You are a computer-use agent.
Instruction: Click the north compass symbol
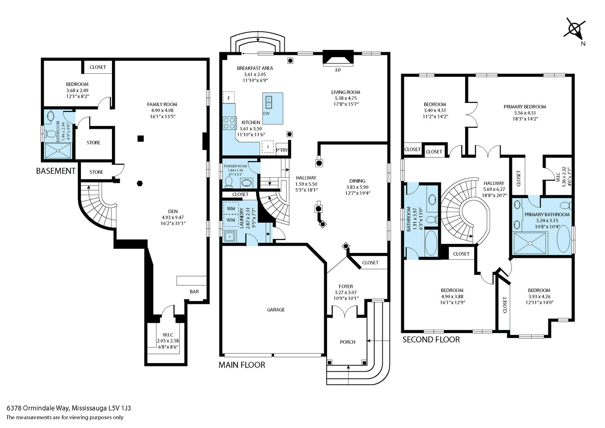[x=574, y=29]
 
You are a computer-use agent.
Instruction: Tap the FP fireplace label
[x=338, y=70]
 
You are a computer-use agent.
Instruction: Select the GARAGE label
[x=276, y=310]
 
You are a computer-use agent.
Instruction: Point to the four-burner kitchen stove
[x=229, y=124]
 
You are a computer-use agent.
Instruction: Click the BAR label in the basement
[x=194, y=292]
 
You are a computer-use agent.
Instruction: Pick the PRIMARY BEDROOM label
[x=525, y=107]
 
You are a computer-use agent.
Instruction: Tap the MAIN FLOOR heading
[x=242, y=365]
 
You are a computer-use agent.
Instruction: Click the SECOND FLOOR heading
[x=431, y=340]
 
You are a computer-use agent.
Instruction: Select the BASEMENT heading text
[x=56, y=171]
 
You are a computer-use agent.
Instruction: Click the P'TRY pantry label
[x=282, y=150]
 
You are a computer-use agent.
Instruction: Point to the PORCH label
[x=347, y=342]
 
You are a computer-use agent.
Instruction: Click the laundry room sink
[x=229, y=237]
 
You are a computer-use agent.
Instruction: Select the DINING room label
[x=357, y=181]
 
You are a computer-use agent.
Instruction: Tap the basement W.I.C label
[x=168, y=335]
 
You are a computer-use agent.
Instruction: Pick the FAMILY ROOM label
[x=162, y=104]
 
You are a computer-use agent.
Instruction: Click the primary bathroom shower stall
[x=530, y=243]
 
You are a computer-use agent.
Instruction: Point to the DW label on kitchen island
[x=266, y=113]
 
